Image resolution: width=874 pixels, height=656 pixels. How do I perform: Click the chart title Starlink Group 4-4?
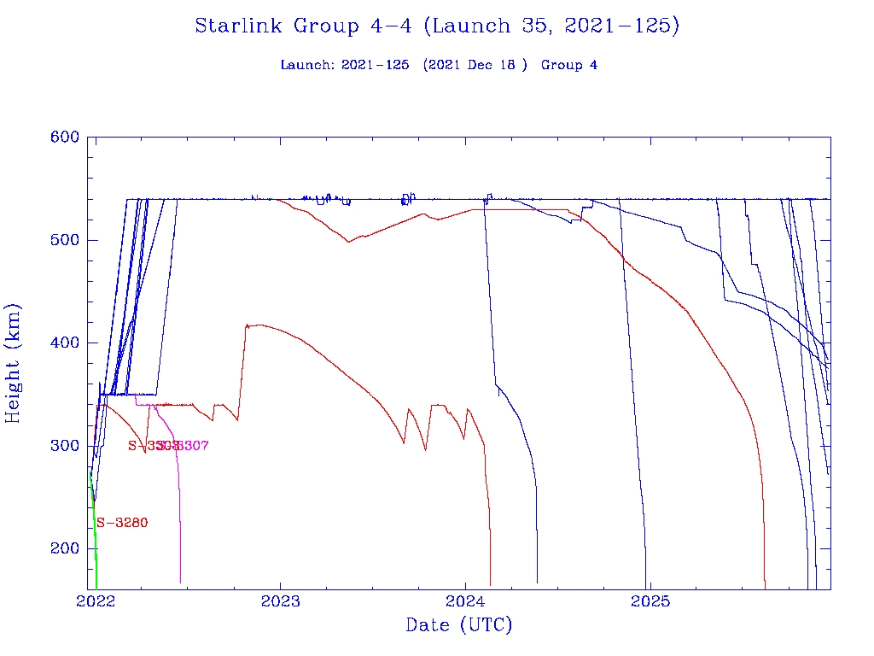point(437,26)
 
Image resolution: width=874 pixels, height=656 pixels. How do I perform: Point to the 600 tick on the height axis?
point(65,137)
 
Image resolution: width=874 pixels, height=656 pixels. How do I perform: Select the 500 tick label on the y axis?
point(65,240)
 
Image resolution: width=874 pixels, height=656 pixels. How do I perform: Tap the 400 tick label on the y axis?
point(65,343)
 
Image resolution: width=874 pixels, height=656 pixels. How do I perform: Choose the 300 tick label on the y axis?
point(65,446)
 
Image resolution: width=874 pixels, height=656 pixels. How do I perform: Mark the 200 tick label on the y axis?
point(65,548)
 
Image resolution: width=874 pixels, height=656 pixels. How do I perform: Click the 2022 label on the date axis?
point(96,601)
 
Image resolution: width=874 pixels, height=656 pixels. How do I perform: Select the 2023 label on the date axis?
point(280,601)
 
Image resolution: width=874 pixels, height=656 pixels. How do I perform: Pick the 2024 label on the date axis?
point(465,601)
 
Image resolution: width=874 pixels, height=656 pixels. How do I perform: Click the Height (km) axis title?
point(14,362)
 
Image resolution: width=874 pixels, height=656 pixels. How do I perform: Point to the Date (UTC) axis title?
point(459,625)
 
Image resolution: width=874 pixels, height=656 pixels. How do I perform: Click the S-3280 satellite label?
point(122,523)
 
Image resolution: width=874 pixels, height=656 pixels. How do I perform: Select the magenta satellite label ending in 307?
point(189,446)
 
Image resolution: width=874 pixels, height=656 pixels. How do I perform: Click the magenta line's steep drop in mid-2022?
point(178,512)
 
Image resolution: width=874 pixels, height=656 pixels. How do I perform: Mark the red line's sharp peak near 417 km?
point(247,325)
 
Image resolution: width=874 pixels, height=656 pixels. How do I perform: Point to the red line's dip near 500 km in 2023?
point(348,242)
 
